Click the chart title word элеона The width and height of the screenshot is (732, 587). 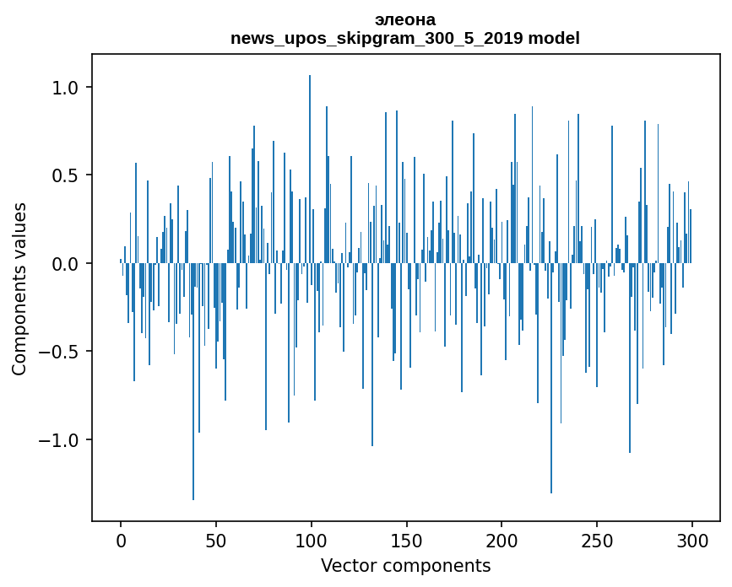405,19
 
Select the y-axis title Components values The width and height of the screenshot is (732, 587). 19,288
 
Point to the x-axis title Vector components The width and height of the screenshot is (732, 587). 405,565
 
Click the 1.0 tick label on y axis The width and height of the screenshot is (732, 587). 65,88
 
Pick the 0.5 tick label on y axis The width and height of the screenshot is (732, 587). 65,175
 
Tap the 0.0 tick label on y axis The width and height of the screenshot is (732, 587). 65,264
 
